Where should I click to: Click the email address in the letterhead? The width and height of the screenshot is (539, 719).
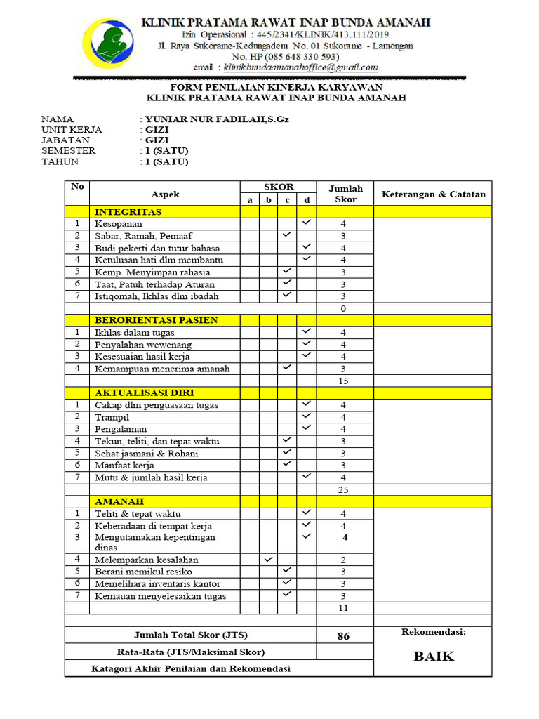click(300, 67)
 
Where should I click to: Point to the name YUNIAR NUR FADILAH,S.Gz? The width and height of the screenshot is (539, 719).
click(217, 119)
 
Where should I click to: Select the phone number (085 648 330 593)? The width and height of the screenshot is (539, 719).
click(295, 57)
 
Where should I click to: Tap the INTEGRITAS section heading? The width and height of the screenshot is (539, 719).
click(128, 211)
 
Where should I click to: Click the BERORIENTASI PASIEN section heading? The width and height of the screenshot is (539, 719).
click(157, 320)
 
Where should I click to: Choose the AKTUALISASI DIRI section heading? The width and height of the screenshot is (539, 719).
click(145, 393)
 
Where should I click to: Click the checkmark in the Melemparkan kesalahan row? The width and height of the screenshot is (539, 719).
click(268, 560)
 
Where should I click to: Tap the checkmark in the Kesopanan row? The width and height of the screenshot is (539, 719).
click(307, 223)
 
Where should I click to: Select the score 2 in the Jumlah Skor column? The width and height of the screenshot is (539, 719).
click(343, 560)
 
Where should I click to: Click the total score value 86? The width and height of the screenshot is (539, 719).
click(343, 636)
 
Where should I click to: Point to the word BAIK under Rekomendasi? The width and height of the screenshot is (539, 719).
click(433, 657)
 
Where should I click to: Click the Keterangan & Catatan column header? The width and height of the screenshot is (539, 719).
click(433, 194)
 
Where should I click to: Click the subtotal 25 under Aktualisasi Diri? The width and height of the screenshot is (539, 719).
click(343, 489)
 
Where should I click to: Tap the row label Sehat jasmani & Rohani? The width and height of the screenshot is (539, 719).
click(147, 454)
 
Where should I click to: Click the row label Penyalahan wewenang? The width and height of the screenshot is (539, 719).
click(143, 345)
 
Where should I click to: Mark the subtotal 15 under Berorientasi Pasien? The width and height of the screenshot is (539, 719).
click(343, 381)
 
